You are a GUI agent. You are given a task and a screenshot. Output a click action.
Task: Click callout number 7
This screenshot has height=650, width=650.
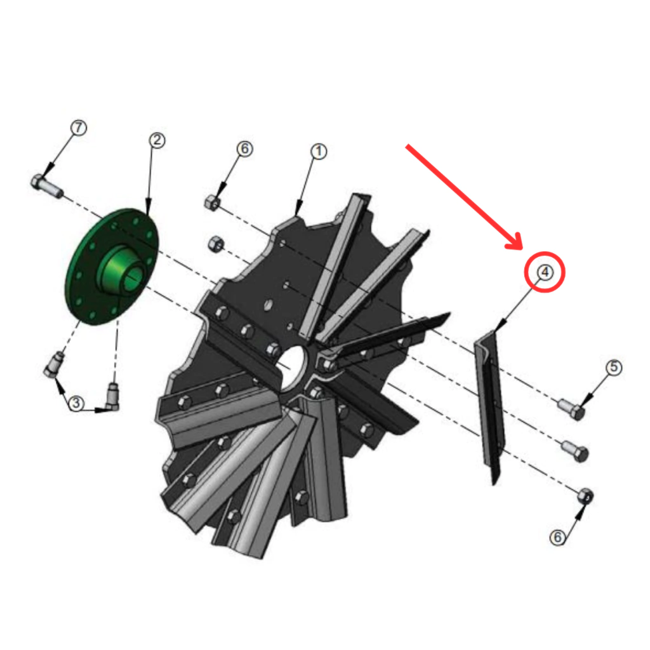(x=79, y=127)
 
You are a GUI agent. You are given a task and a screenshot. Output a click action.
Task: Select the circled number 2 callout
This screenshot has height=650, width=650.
(x=157, y=140)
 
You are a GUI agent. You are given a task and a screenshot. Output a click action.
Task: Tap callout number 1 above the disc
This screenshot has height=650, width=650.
(x=319, y=152)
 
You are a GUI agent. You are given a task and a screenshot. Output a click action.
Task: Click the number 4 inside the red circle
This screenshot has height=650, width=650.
(x=545, y=272)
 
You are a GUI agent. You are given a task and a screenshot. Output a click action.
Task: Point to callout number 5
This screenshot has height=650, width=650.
(x=614, y=368)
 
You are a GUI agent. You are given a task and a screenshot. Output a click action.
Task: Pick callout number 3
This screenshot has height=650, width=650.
(x=76, y=403)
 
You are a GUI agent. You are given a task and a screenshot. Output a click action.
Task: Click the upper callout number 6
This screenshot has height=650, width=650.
(x=244, y=149)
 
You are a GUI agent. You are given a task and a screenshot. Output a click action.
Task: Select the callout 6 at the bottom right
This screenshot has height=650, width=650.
(x=557, y=537)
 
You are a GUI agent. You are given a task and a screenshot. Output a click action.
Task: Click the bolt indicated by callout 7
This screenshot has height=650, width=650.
(x=46, y=187)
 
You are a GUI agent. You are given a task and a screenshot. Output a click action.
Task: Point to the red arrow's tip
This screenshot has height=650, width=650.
(x=522, y=249)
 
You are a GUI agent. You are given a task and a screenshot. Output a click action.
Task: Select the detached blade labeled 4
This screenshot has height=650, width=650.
(x=490, y=406)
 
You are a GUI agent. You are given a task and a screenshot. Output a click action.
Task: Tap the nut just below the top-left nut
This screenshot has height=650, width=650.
(x=216, y=244)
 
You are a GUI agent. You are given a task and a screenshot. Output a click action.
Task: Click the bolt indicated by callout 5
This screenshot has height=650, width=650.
(x=572, y=408)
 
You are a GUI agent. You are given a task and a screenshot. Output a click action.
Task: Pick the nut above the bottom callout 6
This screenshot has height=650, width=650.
(x=585, y=496)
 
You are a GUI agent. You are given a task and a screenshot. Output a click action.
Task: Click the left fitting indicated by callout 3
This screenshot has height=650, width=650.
(x=54, y=364)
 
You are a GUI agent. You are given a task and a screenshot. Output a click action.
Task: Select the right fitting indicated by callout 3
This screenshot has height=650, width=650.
(x=113, y=397)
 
